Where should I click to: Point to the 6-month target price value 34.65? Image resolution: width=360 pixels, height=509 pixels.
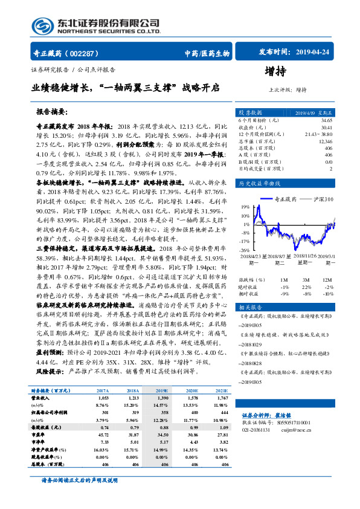(x=326, y=121)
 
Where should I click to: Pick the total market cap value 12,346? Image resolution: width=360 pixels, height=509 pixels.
(x=324, y=140)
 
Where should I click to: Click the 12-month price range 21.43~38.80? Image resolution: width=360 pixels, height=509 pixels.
(x=320, y=134)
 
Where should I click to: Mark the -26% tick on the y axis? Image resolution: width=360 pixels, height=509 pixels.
(x=242, y=249)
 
